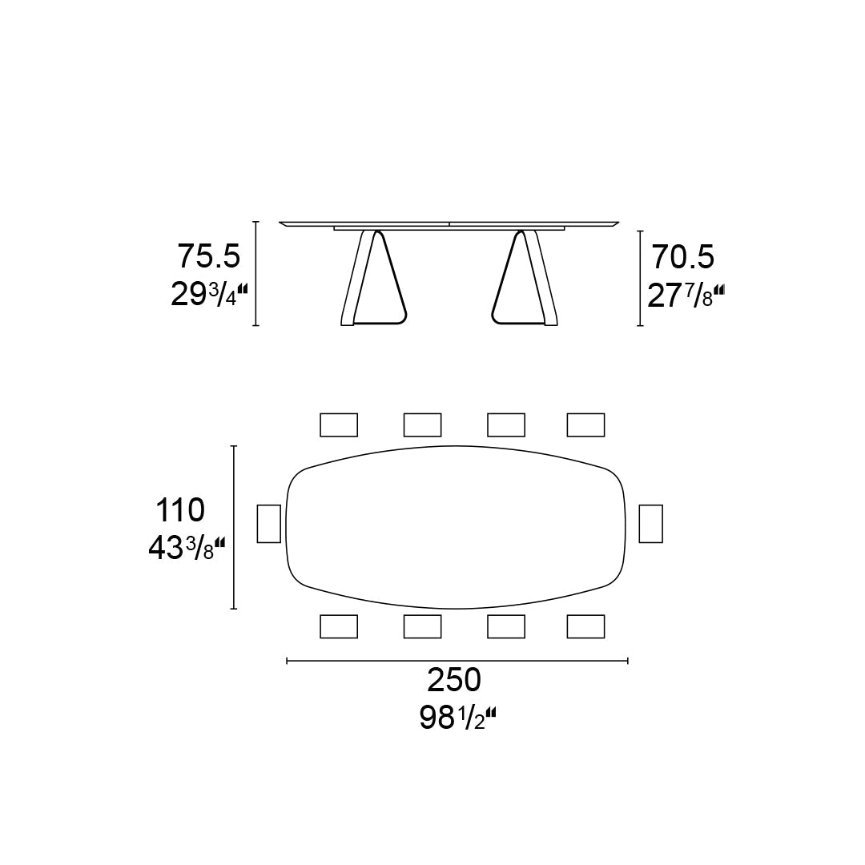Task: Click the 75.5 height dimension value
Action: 208,257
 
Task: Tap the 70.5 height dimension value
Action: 683,257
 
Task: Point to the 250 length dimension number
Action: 454,680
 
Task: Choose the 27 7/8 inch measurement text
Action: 686,296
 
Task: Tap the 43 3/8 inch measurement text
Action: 187,549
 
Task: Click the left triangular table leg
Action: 374,279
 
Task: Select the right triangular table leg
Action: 524,279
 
